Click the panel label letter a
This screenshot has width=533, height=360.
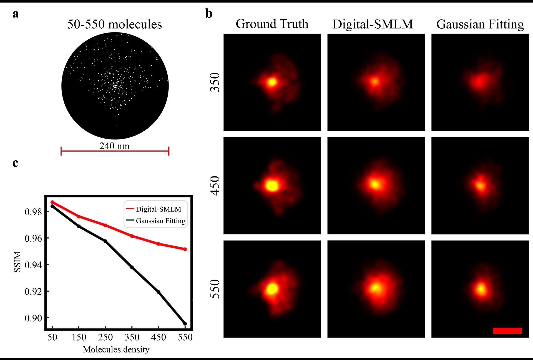[x=16, y=14]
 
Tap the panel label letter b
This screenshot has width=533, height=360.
[x=209, y=14]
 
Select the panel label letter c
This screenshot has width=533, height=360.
[x=15, y=163]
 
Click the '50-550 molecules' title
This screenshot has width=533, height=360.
[x=114, y=24]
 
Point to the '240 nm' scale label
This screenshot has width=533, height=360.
[x=114, y=146]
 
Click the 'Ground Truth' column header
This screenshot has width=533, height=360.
[x=272, y=24]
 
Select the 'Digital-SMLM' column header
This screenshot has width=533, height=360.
[x=373, y=24]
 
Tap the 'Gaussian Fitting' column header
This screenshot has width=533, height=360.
[x=480, y=24]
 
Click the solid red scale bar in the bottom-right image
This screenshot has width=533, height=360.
[x=507, y=331]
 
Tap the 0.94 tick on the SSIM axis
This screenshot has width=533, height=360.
[x=33, y=265]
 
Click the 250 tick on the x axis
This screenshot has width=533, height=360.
[x=105, y=337]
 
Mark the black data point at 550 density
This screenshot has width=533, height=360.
[x=185, y=324]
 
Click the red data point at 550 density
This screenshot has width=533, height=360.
[x=185, y=249]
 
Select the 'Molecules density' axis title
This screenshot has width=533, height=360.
[x=116, y=349]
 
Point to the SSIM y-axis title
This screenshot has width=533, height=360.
[x=17, y=262]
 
